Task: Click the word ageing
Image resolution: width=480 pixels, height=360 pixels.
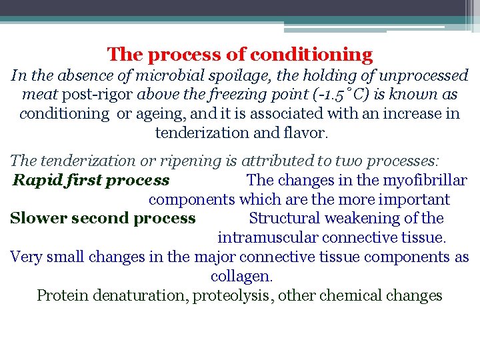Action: point(161,113)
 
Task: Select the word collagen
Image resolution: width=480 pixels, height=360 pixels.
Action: point(241,275)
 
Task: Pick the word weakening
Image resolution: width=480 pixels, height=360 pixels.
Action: point(365,218)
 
